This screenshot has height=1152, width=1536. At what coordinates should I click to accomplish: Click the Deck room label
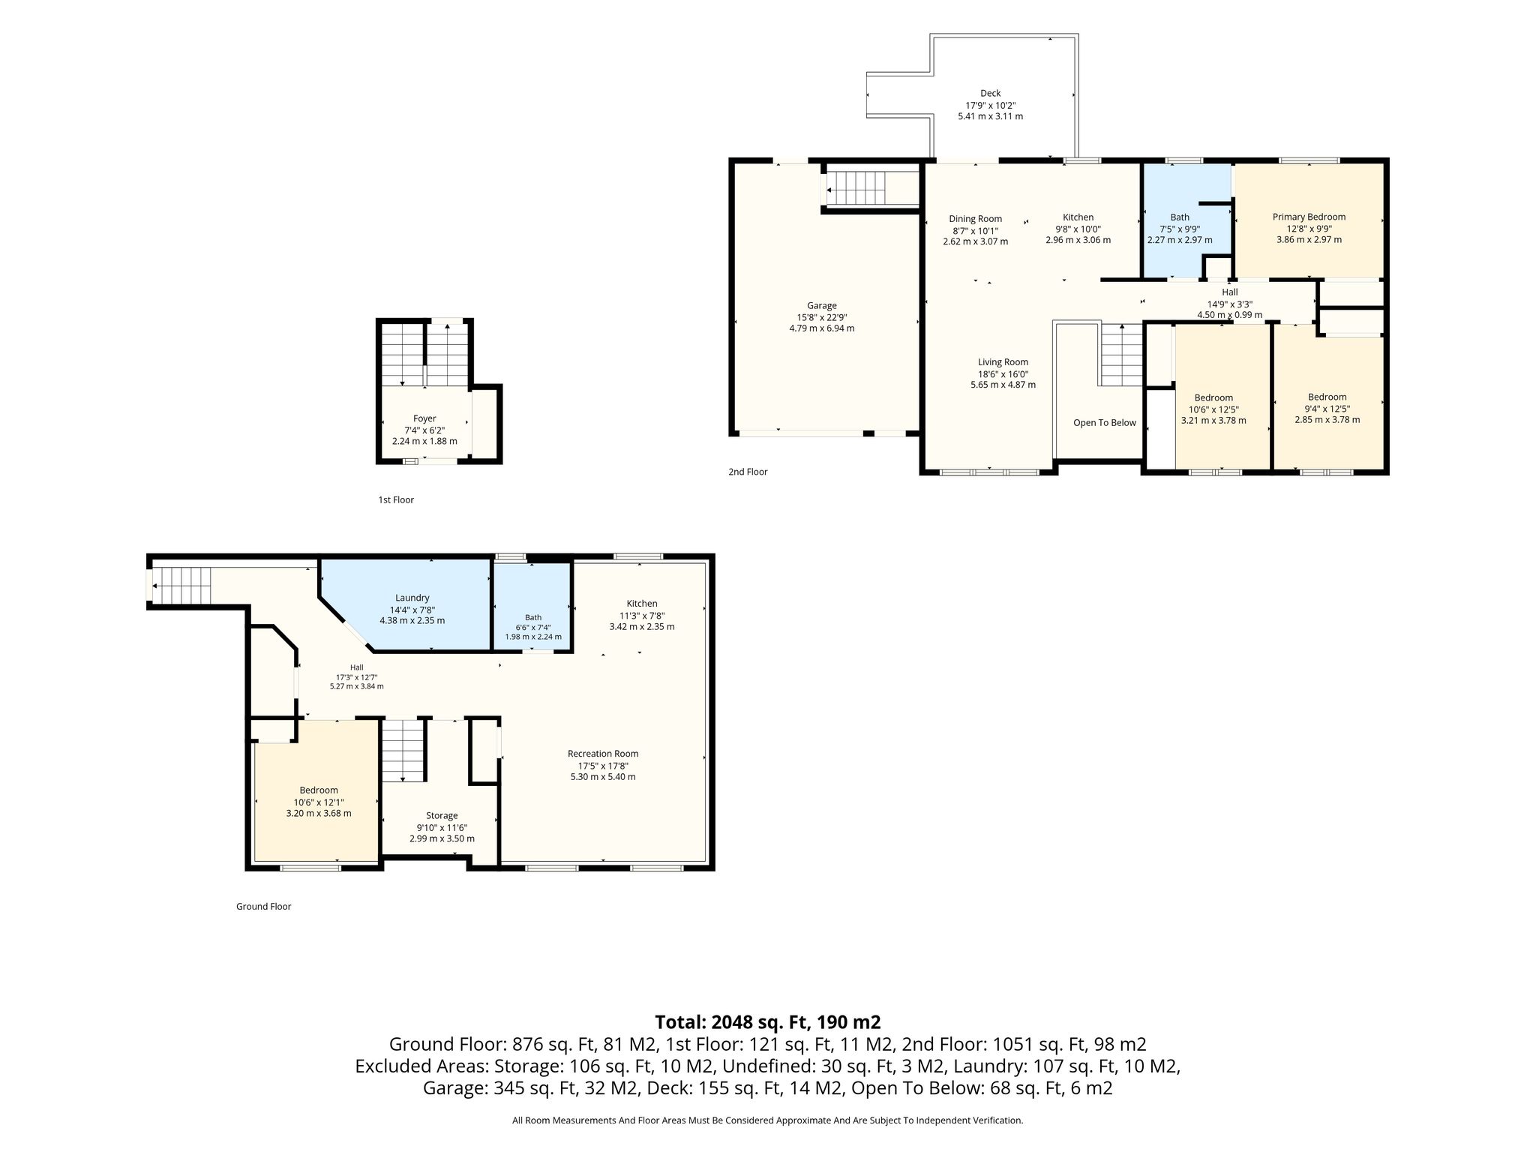tap(990, 94)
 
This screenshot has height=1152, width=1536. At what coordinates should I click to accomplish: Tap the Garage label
tap(821, 306)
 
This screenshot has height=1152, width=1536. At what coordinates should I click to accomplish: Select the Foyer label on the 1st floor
tap(424, 418)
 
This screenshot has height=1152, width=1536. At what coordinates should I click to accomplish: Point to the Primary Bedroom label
tap(1309, 217)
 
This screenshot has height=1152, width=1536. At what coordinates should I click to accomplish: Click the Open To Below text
tap(1105, 423)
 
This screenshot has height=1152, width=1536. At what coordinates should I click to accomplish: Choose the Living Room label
tap(1003, 362)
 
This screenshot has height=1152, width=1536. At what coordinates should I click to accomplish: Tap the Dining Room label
tap(975, 220)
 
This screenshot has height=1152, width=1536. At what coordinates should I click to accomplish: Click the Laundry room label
tap(412, 598)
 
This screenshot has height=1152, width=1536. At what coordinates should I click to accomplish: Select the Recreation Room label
tap(603, 754)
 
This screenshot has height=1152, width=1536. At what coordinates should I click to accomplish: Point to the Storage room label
tap(442, 815)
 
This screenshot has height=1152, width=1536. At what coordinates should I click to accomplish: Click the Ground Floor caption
tap(263, 907)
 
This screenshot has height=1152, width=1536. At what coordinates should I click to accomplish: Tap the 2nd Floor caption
tap(748, 472)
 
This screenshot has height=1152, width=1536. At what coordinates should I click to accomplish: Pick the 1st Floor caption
tap(396, 499)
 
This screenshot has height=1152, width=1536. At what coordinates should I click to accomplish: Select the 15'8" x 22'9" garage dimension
tap(821, 317)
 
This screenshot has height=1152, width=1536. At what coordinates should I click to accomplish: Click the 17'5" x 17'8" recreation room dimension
tap(603, 766)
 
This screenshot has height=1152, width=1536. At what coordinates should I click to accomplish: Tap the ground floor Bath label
tap(533, 618)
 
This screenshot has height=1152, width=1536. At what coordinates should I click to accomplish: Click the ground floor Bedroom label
tap(319, 790)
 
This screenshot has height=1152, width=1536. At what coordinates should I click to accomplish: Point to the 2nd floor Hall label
tap(1230, 292)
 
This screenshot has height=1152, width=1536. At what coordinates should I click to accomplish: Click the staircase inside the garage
tap(871, 187)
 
